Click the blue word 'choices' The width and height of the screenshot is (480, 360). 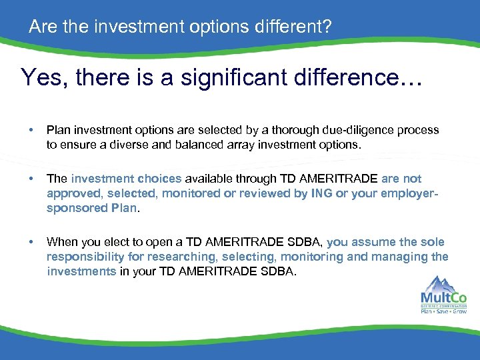point(159,179)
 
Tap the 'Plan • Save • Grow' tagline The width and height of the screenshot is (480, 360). point(444,310)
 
